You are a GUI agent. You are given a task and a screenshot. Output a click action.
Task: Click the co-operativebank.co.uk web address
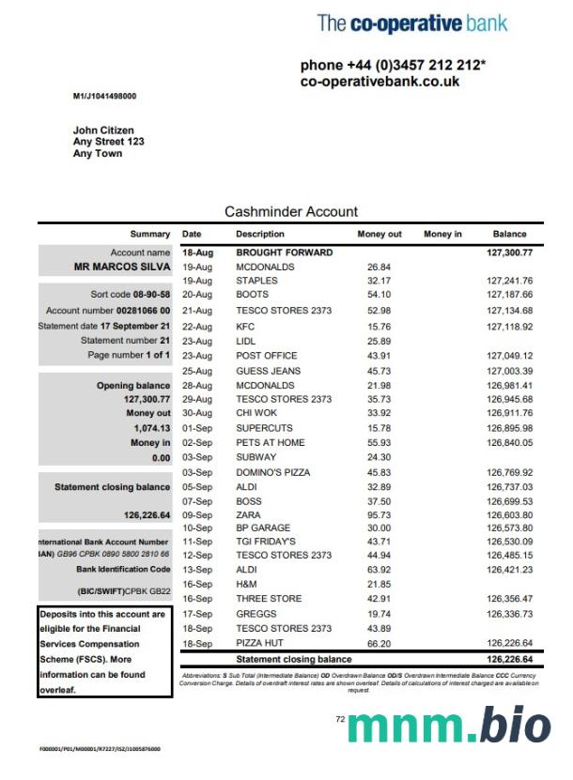(x=379, y=82)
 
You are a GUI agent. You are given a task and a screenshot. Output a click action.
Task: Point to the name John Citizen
(x=103, y=130)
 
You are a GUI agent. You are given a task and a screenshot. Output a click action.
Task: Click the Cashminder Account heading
(x=291, y=212)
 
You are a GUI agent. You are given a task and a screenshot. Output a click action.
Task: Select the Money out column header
(x=379, y=234)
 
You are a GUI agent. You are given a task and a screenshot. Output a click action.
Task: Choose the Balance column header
(x=509, y=234)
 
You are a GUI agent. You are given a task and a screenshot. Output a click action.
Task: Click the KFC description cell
(x=245, y=327)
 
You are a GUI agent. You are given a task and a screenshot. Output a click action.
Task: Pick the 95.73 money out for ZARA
(x=379, y=515)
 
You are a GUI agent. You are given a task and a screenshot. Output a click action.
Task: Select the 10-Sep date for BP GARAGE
(x=197, y=529)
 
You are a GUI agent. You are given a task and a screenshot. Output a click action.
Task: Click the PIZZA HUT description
(x=259, y=644)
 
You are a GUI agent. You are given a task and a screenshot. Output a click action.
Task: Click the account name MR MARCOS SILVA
(x=122, y=267)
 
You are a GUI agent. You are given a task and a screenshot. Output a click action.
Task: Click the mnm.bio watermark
(x=449, y=727)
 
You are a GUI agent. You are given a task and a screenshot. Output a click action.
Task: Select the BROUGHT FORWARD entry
(x=284, y=252)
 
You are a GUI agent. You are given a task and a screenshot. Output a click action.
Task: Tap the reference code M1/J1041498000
(x=104, y=97)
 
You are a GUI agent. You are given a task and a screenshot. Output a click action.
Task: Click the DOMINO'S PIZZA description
(x=271, y=472)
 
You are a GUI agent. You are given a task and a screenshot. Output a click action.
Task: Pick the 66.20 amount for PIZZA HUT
(x=379, y=644)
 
